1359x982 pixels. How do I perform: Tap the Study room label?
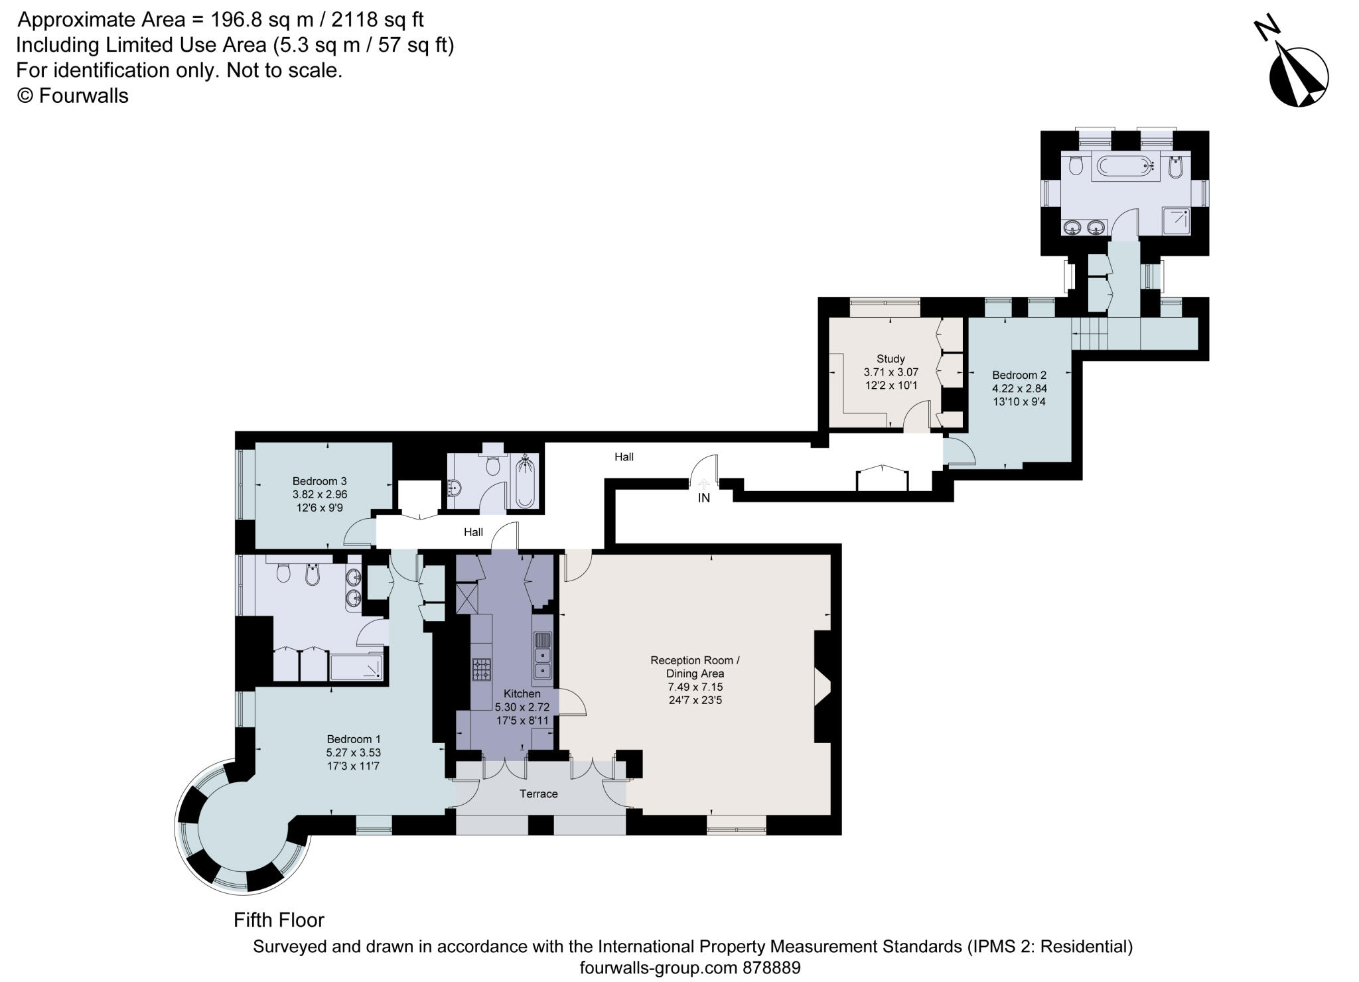pyautogui.click(x=891, y=359)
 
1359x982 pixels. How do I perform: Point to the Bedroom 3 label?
pyautogui.click(x=320, y=481)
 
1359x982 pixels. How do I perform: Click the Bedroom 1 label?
pyautogui.click(x=353, y=739)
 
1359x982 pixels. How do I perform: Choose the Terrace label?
pyautogui.click(x=538, y=794)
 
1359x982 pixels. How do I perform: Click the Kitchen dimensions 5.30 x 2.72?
pyautogui.click(x=522, y=707)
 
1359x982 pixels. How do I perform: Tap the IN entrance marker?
pyautogui.click(x=703, y=498)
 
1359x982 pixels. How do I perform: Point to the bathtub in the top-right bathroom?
pyautogui.click(x=1125, y=167)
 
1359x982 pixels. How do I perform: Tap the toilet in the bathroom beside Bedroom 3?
pyautogui.click(x=492, y=466)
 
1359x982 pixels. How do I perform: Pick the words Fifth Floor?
pyautogui.click(x=279, y=920)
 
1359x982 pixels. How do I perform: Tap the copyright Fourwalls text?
pyautogui.click(x=72, y=96)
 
